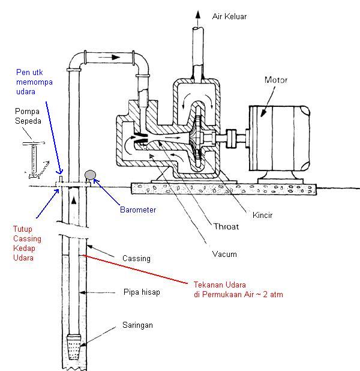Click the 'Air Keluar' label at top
pyautogui.click(x=229, y=17)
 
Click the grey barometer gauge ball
pyautogui.click(x=90, y=175)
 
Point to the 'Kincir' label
pyautogui.click(x=263, y=214)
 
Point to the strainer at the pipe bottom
pyautogui.click(x=74, y=348)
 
